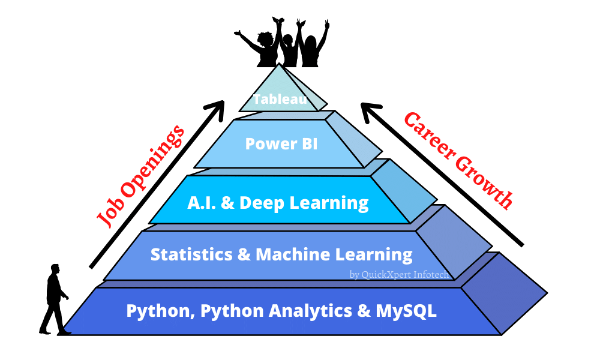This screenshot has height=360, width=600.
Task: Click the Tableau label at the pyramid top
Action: point(280,99)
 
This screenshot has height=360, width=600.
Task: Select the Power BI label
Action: point(281,144)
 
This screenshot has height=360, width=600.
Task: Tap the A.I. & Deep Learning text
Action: point(277,203)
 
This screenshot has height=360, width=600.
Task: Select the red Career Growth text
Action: point(458,160)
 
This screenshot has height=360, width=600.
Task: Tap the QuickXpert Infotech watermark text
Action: point(398,275)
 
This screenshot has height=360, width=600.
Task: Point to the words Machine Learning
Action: point(334,254)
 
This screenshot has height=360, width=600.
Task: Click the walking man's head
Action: point(55,269)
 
